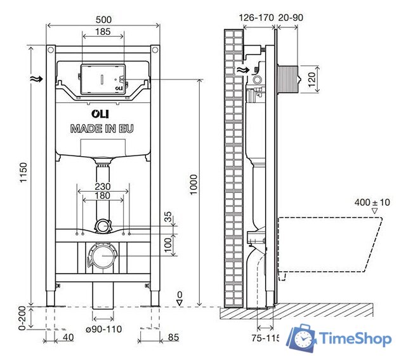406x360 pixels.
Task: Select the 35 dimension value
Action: (168, 218)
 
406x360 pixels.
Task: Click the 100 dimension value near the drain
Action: (168, 244)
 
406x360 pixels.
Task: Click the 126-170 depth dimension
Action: (256, 18)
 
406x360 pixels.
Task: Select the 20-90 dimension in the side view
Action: (292, 18)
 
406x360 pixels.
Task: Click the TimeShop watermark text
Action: (356, 339)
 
